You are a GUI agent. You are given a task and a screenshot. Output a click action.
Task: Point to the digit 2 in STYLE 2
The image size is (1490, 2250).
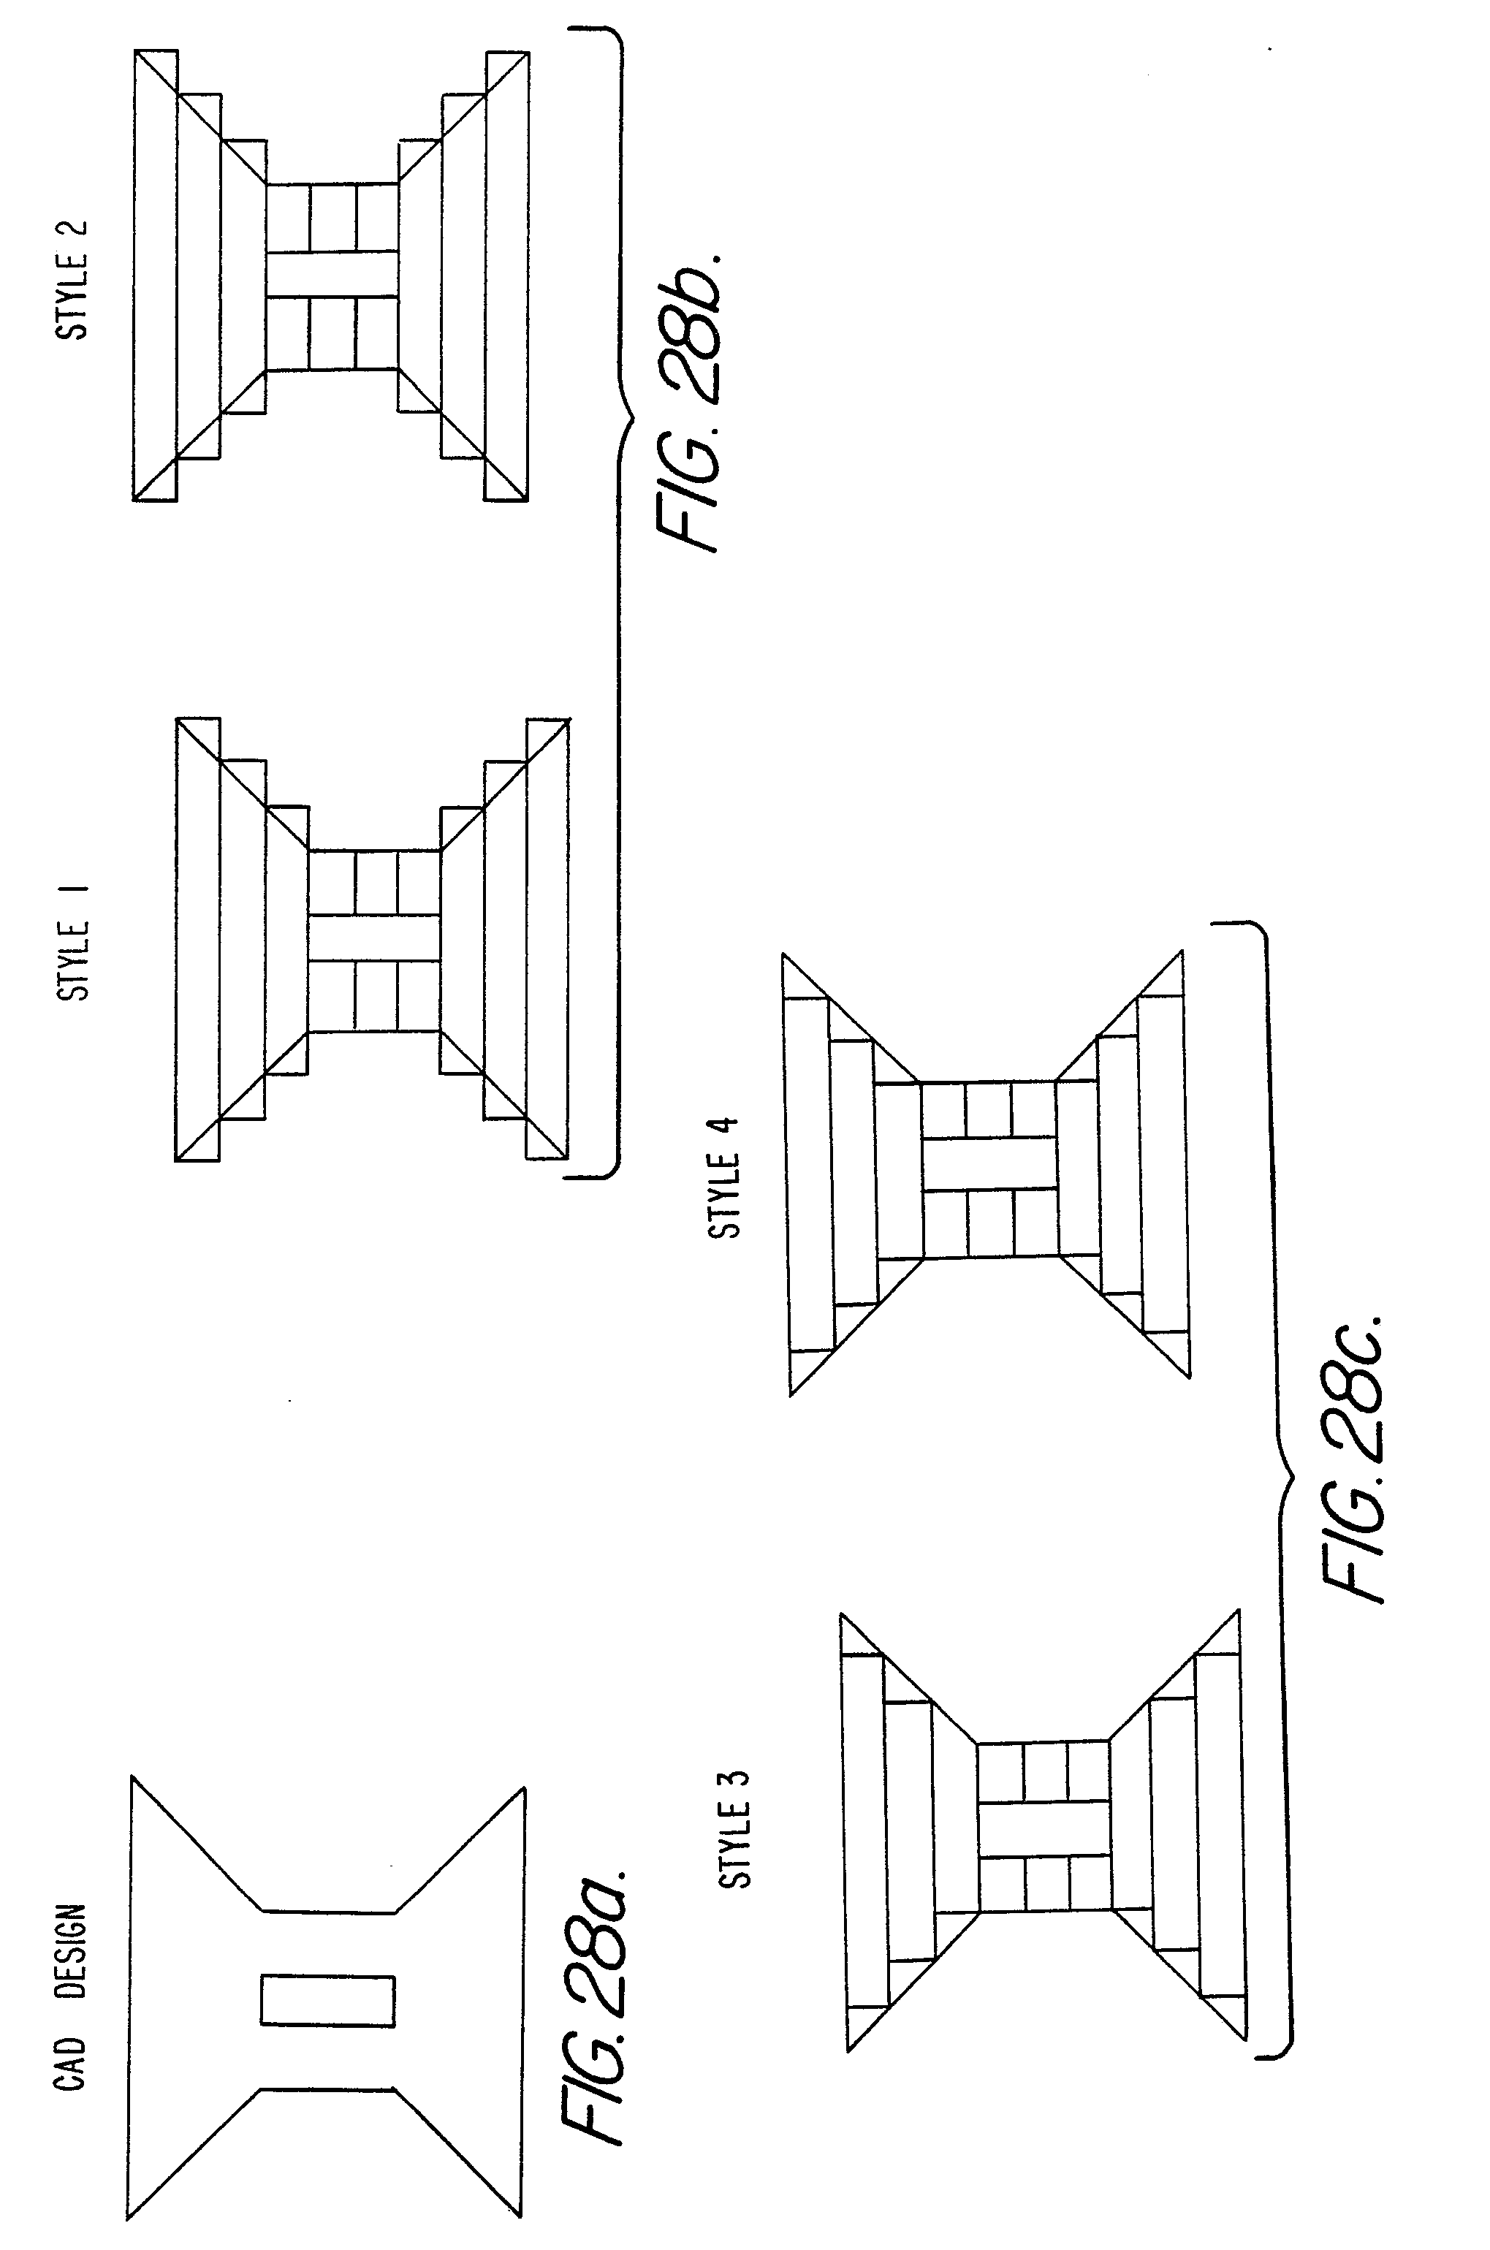tap(74, 232)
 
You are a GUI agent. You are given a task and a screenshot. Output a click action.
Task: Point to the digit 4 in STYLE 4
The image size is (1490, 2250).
tap(725, 1133)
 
